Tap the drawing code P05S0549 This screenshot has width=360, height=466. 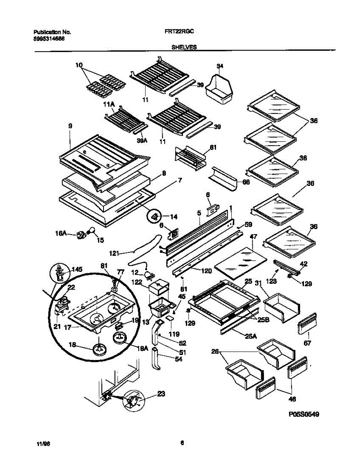click(x=304, y=414)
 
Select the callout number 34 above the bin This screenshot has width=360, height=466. click(x=220, y=66)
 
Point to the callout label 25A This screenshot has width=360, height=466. click(x=251, y=336)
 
